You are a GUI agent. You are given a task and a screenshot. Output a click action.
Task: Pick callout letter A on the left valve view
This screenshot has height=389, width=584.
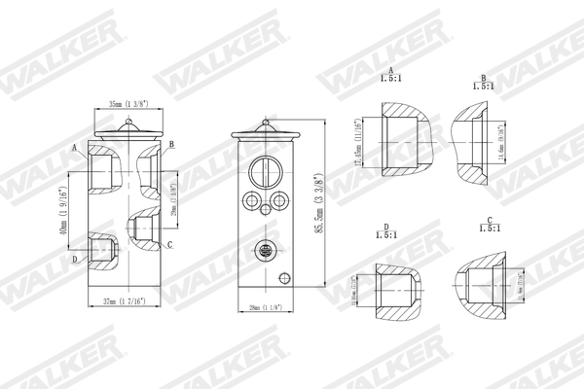click(x=74, y=147)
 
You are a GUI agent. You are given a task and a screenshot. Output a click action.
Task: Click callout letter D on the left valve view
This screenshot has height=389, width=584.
click(x=74, y=260)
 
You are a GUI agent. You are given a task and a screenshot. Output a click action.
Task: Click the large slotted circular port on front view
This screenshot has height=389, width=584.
click(x=265, y=171)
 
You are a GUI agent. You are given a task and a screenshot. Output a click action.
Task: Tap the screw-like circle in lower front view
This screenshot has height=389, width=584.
click(x=264, y=251)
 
